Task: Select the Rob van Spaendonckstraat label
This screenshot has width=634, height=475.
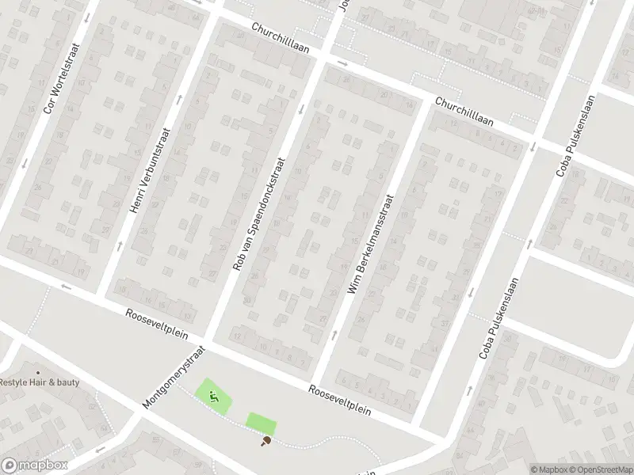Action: click(x=258, y=214)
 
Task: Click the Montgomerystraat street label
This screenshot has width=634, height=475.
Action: click(x=174, y=376)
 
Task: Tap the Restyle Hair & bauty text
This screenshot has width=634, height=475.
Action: click(x=39, y=382)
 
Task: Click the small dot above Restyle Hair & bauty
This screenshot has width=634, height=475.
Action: click(x=37, y=372)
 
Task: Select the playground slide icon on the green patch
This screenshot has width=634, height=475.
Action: click(x=214, y=395)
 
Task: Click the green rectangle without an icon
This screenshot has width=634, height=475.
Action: click(x=260, y=422)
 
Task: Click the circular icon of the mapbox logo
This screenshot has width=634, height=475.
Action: click(x=10, y=465)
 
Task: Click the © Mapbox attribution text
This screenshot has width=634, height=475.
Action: click(x=548, y=469)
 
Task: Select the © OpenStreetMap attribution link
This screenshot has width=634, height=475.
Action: click(x=599, y=469)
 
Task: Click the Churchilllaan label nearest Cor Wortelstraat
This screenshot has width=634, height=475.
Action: click(x=284, y=39)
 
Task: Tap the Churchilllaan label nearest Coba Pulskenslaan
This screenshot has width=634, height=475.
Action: click(x=464, y=112)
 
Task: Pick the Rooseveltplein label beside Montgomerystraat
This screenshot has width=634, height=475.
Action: click(x=158, y=325)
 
